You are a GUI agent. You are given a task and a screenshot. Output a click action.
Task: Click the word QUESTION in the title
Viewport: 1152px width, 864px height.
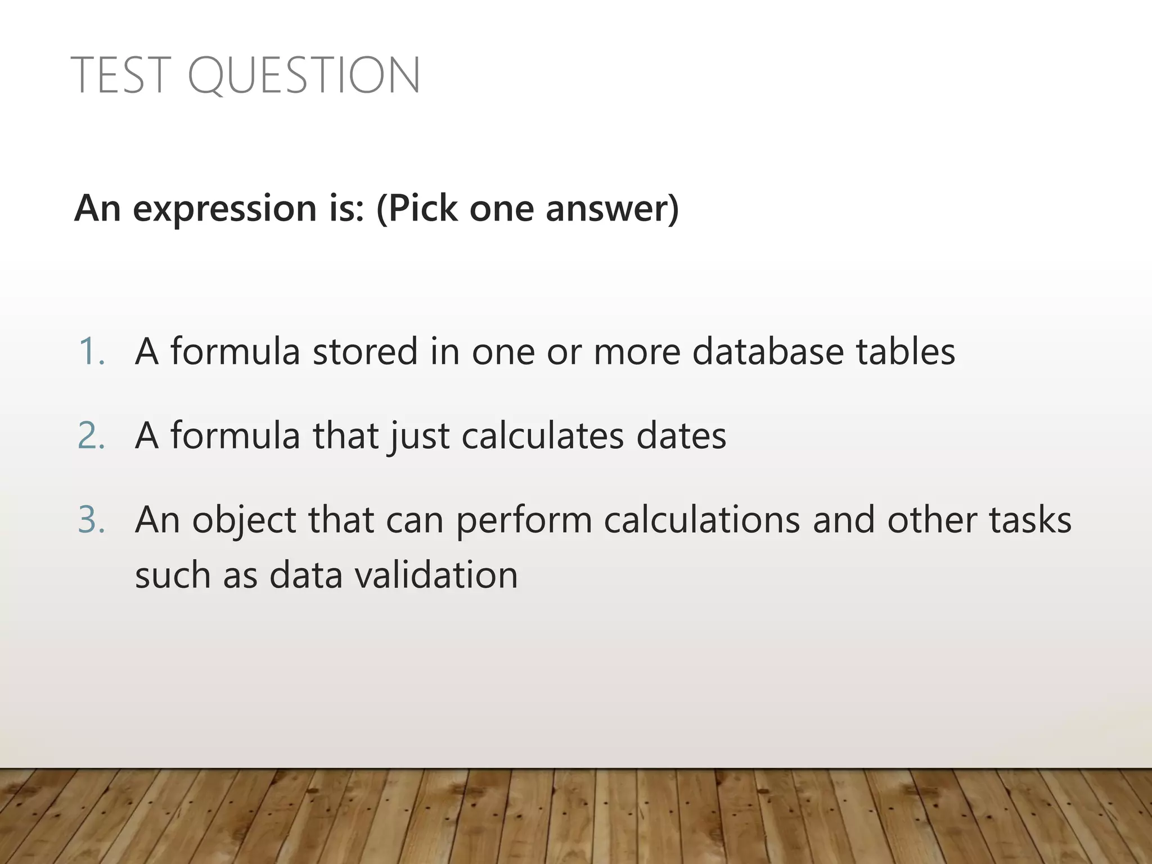click(304, 76)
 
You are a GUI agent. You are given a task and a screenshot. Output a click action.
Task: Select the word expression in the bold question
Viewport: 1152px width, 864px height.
click(224, 209)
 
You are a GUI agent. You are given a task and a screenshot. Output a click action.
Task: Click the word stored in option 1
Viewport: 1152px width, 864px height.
click(365, 352)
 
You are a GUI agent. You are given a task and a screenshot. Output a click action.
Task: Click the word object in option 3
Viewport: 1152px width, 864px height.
click(244, 521)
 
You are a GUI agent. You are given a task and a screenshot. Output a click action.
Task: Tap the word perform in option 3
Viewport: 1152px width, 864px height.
click(524, 521)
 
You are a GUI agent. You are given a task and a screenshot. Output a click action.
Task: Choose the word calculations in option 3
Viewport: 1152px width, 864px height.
click(701, 520)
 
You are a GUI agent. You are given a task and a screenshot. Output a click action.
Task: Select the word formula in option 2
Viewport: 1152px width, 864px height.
click(235, 436)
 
